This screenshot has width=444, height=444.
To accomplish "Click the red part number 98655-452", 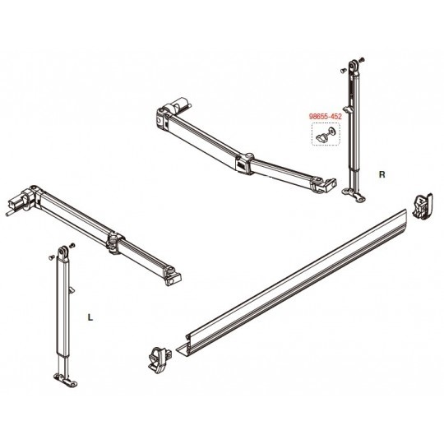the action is coord(325,117).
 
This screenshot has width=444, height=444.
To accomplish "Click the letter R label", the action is coord(382,174).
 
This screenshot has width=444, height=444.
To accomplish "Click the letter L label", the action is coord(90,318).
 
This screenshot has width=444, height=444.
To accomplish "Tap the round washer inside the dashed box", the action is coord(331,132).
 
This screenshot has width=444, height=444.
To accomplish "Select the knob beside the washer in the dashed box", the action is coord(321,137).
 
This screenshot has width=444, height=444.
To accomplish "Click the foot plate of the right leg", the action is coord(353,195).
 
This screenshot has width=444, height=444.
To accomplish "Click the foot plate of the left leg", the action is coord(66,380).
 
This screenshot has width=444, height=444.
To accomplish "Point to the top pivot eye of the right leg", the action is coord(353,66).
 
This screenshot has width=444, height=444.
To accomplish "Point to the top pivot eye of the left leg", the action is coord(62,252).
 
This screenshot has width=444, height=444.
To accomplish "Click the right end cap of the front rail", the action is coord(423,206).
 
